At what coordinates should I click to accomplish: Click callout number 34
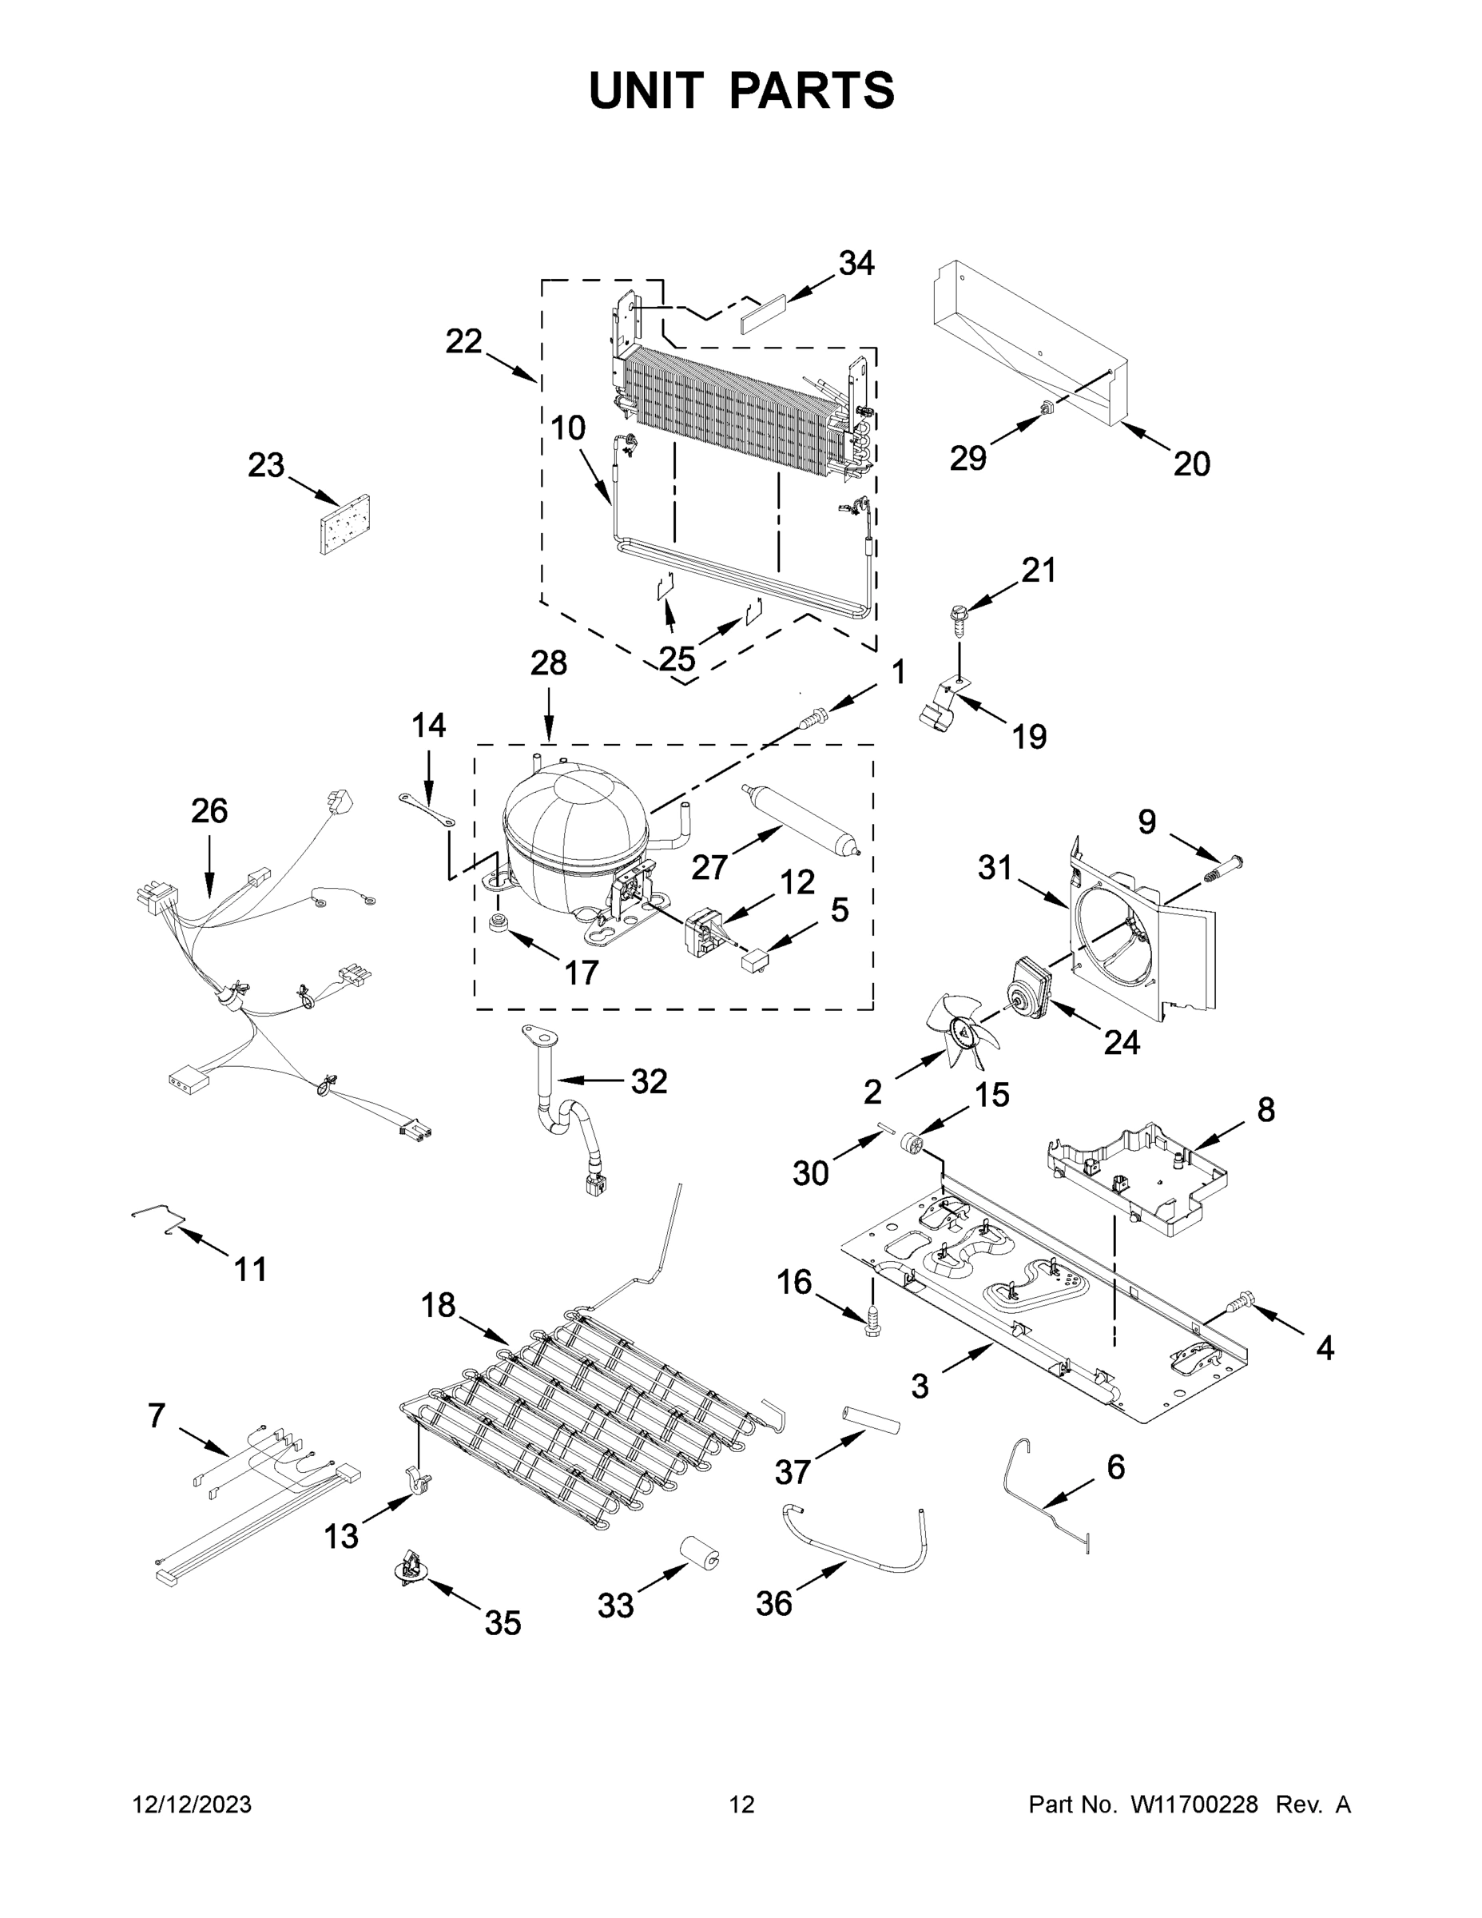click(856, 263)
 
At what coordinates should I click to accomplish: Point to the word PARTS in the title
click(813, 90)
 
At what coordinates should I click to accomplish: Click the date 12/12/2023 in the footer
click(192, 1805)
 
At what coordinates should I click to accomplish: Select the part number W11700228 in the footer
click(1194, 1805)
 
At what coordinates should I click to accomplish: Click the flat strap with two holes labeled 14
click(427, 809)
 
